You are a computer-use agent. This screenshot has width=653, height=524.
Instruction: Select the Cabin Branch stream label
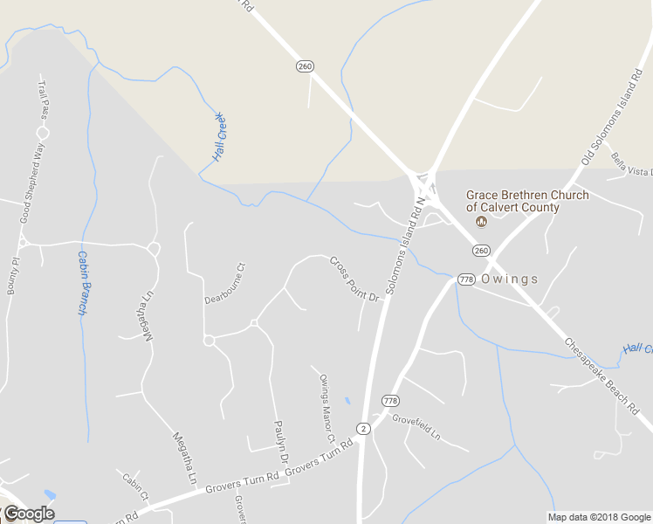(x=82, y=283)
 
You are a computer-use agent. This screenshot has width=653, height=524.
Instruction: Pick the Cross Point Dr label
(x=356, y=279)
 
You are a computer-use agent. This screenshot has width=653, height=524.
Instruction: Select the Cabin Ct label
(x=136, y=487)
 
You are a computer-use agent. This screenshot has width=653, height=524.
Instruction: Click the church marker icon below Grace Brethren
(x=480, y=222)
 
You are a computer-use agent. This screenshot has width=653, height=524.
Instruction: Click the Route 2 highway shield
(x=363, y=428)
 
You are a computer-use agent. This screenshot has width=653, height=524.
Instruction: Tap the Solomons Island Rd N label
(x=402, y=245)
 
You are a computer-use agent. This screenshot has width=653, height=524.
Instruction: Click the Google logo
(x=29, y=514)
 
